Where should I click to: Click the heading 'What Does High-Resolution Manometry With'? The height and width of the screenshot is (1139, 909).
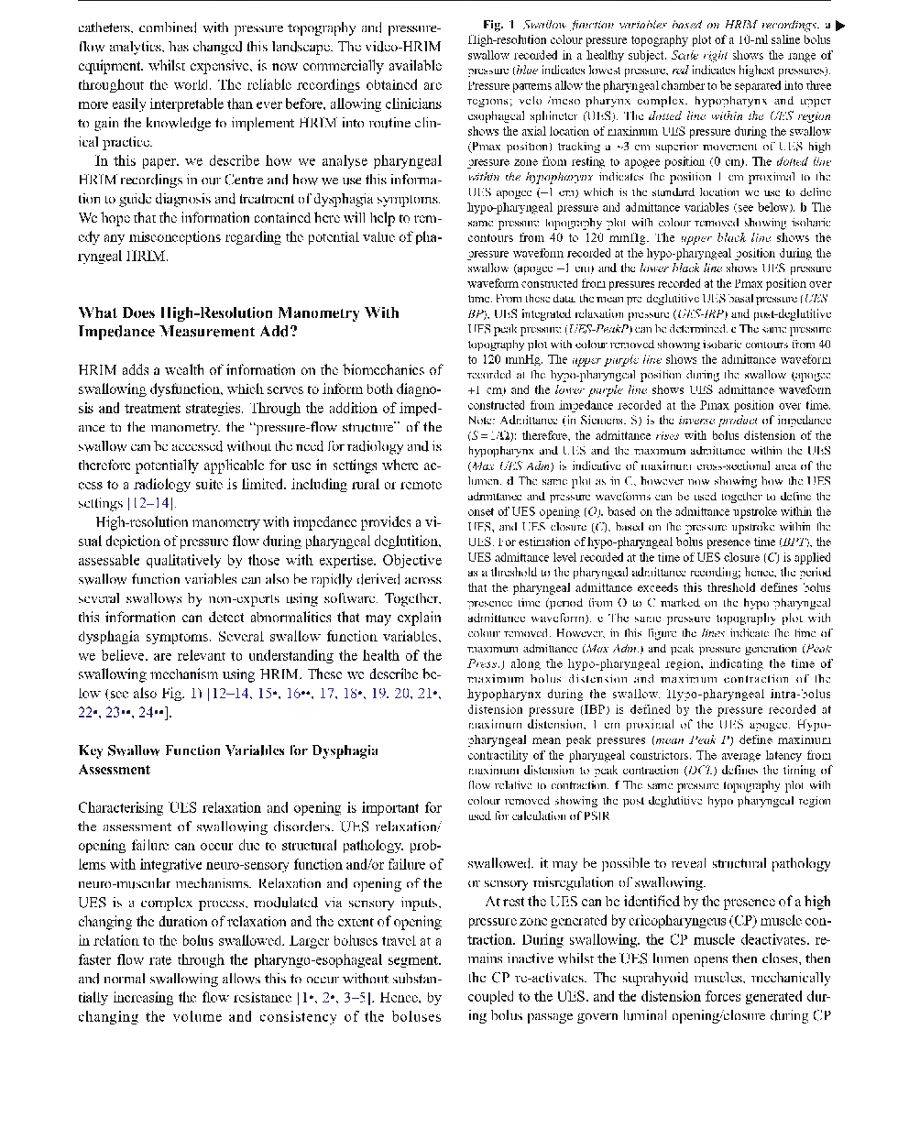coord(238,312)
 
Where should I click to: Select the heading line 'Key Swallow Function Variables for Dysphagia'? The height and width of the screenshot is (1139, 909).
coord(228,750)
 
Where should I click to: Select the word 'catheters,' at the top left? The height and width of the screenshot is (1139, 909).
coord(105,27)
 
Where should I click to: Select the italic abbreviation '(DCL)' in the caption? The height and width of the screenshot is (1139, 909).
coord(684,770)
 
